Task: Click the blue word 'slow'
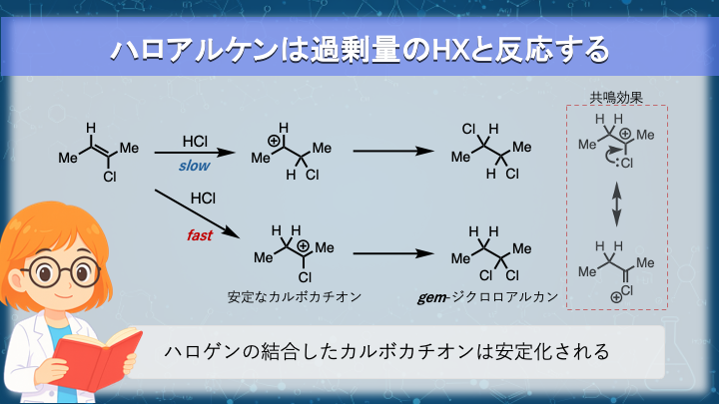coord(195,166)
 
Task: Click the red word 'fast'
coord(201,236)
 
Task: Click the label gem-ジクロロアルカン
coord(488,297)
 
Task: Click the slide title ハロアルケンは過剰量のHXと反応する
coord(359,48)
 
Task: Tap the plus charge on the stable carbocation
coord(302,240)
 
